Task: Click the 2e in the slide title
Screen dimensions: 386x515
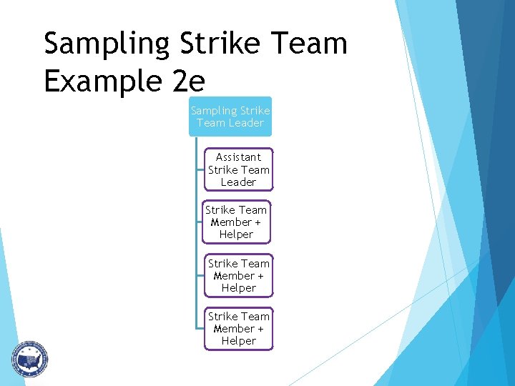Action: click(188, 82)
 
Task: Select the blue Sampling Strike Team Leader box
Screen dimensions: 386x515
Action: click(230, 117)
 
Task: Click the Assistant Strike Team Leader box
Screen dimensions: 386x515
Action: click(238, 170)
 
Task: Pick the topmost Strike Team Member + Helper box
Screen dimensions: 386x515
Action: click(236, 222)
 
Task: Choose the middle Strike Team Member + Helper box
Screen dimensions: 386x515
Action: click(238, 276)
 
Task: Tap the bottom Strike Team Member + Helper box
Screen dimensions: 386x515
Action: click(238, 329)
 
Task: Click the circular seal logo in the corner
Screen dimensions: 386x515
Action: click(29, 358)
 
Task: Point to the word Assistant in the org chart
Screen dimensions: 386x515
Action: click(238, 157)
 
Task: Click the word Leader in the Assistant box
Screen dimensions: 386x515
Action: click(238, 182)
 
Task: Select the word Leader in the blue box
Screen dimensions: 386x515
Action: click(246, 123)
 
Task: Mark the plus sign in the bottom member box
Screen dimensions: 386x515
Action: click(260, 329)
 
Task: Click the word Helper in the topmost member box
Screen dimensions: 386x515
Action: click(236, 234)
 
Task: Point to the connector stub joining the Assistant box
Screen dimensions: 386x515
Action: click(200, 170)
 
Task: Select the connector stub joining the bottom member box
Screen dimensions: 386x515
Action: click(200, 328)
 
